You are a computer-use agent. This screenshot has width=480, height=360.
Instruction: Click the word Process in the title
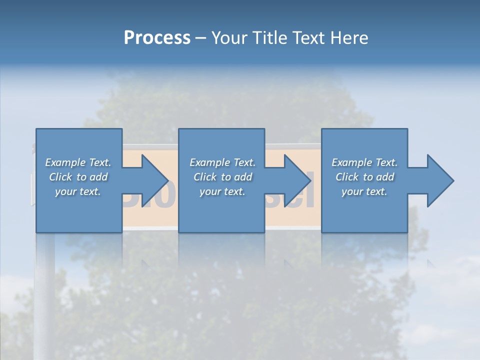(157, 38)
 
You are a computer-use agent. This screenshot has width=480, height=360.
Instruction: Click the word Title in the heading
(270, 38)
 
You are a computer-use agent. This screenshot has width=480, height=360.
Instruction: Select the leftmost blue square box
(79, 215)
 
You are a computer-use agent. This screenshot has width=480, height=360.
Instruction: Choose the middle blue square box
(221, 215)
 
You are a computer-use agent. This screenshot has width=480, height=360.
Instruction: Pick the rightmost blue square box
(364, 215)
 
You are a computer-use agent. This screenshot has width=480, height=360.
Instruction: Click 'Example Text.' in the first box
(78, 162)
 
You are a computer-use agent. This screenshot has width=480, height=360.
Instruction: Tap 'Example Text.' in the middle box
(222, 162)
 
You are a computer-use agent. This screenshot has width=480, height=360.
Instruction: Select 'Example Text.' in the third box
(364, 162)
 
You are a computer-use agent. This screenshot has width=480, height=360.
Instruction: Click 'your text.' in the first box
(78, 191)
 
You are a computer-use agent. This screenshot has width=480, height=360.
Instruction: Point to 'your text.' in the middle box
(222, 191)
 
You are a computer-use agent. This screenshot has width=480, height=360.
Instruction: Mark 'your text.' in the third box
(364, 191)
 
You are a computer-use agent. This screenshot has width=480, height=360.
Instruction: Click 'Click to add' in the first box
(78, 177)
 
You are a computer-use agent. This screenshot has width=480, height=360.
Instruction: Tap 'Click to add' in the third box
(364, 177)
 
